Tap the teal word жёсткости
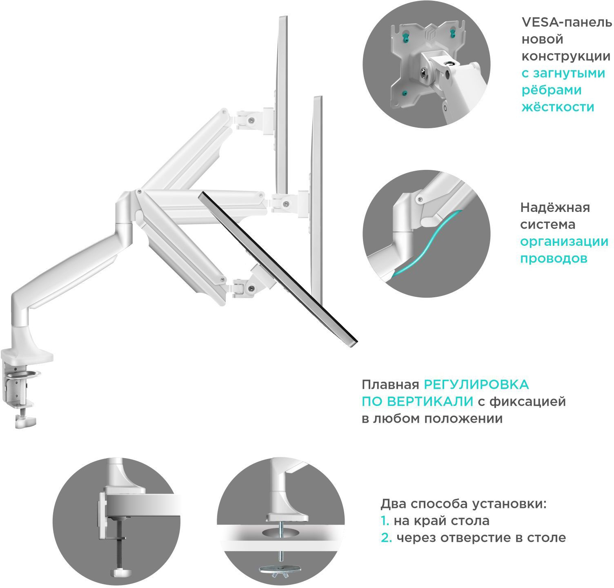(x=558, y=107)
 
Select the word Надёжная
(x=555, y=207)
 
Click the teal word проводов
(x=554, y=258)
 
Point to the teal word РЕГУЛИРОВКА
(x=476, y=385)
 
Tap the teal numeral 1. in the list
(x=385, y=521)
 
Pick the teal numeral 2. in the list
(x=386, y=538)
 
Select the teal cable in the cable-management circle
(x=425, y=245)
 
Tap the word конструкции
(x=566, y=56)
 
